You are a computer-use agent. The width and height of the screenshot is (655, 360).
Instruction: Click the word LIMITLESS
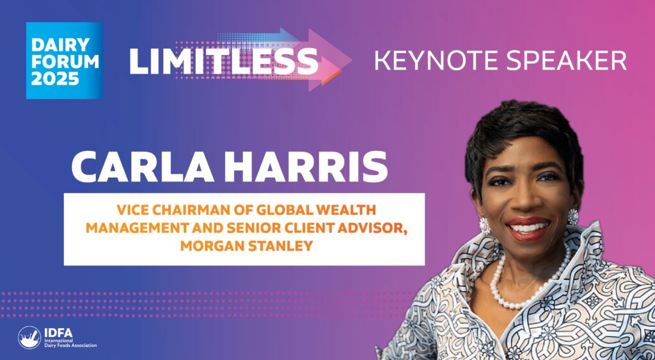pyautogui.click(x=224, y=61)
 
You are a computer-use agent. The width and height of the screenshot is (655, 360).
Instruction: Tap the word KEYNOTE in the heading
pyautogui.click(x=434, y=61)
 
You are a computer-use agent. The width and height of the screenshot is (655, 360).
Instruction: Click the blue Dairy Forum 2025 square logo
pyautogui.click(x=65, y=61)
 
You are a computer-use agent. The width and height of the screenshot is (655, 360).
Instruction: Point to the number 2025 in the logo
pyautogui.click(x=55, y=79)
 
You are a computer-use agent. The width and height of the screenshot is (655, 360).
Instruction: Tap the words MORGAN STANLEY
pyautogui.click(x=246, y=246)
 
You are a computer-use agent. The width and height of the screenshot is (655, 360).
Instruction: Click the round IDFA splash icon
pyautogui.click(x=29, y=338)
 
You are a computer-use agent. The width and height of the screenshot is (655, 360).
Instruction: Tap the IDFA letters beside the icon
pyautogui.click(x=58, y=333)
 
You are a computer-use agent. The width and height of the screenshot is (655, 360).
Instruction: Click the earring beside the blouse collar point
pyautogui.click(x=573, y=216)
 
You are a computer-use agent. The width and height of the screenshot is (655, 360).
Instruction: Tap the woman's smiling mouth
pyautogui.click(x=528, y=228)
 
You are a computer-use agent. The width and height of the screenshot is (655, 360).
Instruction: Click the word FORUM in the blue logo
pyautogui.click(x=65, y=61)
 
